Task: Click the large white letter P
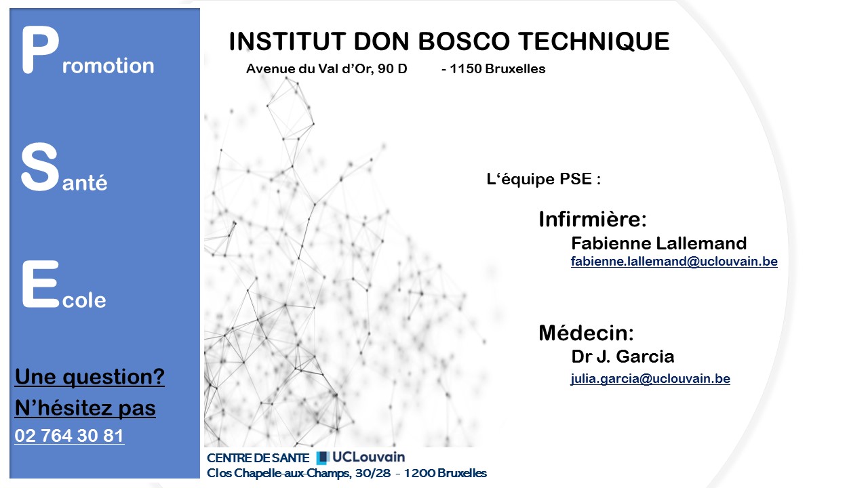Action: coord(40,49)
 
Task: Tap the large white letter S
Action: coord(39,167)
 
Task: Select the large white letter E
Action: coord(40,284)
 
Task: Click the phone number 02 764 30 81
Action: coord(69,436)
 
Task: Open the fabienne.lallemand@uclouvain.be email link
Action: coord(674,262)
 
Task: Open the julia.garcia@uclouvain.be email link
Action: coord(650,378)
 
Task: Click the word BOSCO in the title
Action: coord(464,41)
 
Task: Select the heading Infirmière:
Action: coord(593,219)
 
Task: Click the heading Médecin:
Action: coord(586,333)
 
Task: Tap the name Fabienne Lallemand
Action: coord(658,243)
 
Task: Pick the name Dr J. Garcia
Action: coord(623,357)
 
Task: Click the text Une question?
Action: coord(90,377)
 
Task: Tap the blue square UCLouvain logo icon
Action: coord(323,457)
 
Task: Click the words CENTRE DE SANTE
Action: coord(258,458)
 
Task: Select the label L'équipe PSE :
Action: coord(543,179)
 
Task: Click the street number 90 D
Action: coord(392,68)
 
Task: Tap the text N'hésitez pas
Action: coord(85,408)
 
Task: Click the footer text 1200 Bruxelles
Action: coord(446,473)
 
